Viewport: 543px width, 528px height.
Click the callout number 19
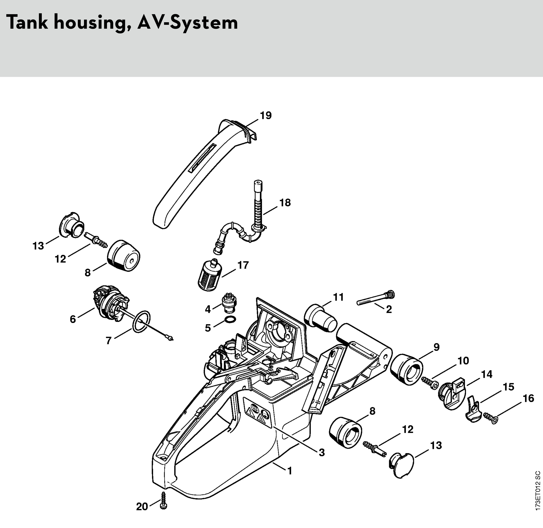pos(266,115)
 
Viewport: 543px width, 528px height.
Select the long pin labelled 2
pos(376,299)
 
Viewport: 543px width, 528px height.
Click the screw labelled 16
pos(491,418)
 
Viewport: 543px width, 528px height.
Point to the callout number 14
pos(486,374)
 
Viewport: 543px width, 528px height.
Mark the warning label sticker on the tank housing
pos(258,412)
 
